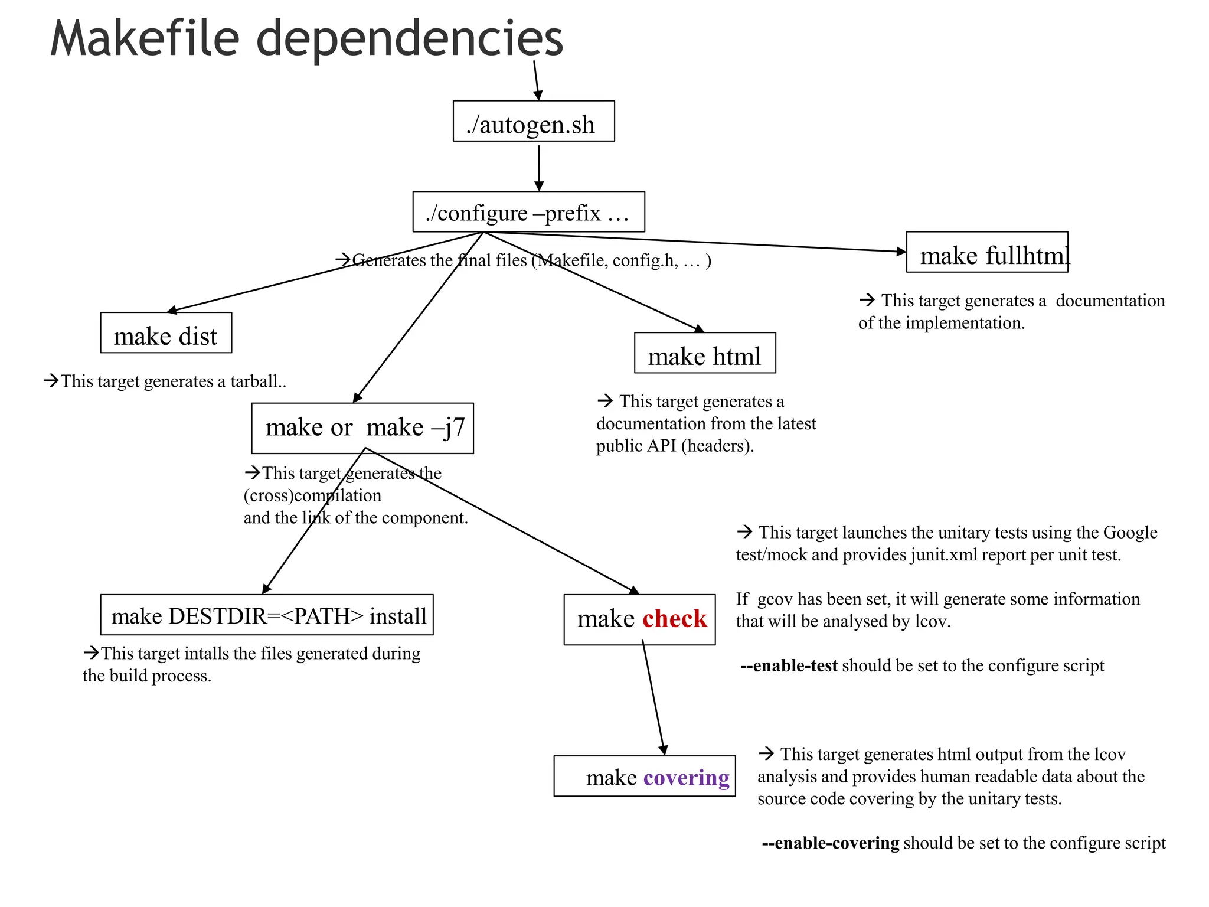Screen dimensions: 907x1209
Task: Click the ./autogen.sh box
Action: point(533,121)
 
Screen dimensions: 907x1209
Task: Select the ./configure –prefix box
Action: point(528,211)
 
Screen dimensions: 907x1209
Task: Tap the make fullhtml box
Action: point(987,252)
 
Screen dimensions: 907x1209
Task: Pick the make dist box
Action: point(166,332)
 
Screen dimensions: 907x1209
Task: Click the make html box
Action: point(705,353)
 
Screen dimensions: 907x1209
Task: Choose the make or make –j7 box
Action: point(362,428)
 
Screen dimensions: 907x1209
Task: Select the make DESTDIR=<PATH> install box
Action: point(267,615)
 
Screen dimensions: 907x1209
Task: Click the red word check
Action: point(674,619)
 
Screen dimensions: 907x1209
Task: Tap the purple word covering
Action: point(686,777)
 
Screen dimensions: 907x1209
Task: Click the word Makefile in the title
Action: point(145,38)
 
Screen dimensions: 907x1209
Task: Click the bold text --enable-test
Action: point(789,665)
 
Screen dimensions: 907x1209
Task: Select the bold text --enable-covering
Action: point(831,843)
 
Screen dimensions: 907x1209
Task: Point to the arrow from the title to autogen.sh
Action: point(536,80)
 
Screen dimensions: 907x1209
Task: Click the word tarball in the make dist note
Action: point(254,381)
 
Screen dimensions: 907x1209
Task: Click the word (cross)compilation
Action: point(312,495)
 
